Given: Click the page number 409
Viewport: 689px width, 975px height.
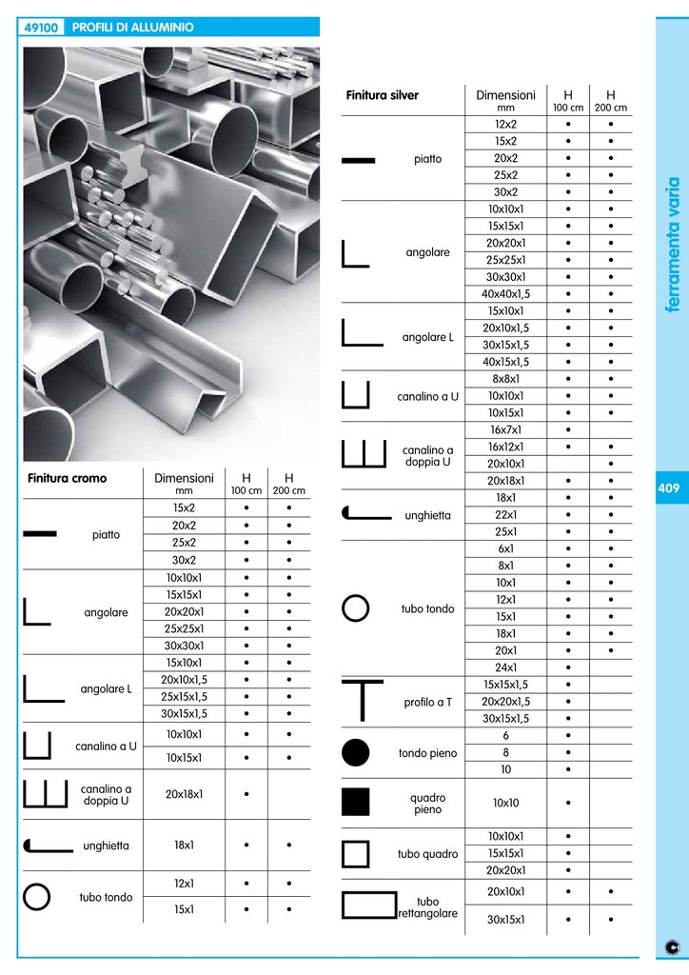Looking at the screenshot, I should coord(667,488).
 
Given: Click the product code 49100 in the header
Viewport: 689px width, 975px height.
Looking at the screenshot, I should coord(43,28).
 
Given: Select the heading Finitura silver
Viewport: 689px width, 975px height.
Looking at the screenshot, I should coord(383,95).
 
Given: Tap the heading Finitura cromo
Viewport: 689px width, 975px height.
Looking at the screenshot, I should coord(68,478).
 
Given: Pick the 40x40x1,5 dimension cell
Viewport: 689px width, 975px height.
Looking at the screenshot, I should coord(505,294).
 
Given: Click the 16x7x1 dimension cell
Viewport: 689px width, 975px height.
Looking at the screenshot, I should coord(505,429).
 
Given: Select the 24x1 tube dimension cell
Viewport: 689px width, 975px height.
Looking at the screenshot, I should coord(505,667).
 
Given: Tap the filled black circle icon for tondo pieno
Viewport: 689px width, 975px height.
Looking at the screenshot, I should coord(355,752).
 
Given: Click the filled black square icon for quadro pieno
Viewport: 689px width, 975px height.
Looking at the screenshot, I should coord(355,803).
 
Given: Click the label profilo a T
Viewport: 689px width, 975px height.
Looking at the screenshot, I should coord(428,702).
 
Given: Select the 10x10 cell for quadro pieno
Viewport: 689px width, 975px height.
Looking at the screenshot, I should coord(505,803).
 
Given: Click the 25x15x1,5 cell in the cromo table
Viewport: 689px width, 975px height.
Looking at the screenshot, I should coord(185,696).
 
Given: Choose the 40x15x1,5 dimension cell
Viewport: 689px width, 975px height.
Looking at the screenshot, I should coord(505,362).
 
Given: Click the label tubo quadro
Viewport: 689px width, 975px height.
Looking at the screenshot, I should coord(428,854).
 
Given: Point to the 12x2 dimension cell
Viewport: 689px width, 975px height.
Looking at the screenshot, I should coord(505,124).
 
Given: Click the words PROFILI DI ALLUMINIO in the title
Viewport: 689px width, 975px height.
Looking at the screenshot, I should coord(133,28).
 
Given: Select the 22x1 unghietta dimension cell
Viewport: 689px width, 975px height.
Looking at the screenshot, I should coord(505,514).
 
